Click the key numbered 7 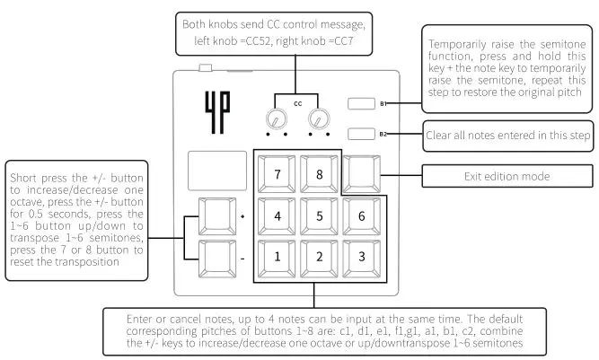coord(277,174)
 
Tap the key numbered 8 coord(319,174)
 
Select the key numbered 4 coord(277,216)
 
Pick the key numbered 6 coord(361,216)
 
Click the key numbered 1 coord(277,258)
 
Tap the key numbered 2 coord(319,258)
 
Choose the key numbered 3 coord(361,258)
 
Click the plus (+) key coord(217,216)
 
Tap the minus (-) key coord(217,259)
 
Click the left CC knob coord(277,119)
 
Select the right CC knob coord(319,119)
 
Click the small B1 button coord(361,103)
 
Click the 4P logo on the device coord(217,112)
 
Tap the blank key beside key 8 coord(361,174)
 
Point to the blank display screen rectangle coord(217,171)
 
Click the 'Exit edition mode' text coord(507,176)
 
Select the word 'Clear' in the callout coord(438,136)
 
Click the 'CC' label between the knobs coord(298,103)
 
